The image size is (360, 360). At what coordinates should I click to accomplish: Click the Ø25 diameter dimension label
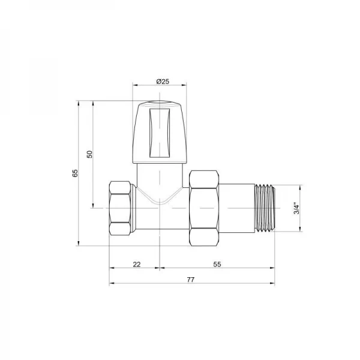(x=160, y=81)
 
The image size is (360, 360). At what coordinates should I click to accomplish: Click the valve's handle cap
(x=160, y=133)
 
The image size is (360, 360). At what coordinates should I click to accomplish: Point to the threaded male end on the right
(x=265, y=208)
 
